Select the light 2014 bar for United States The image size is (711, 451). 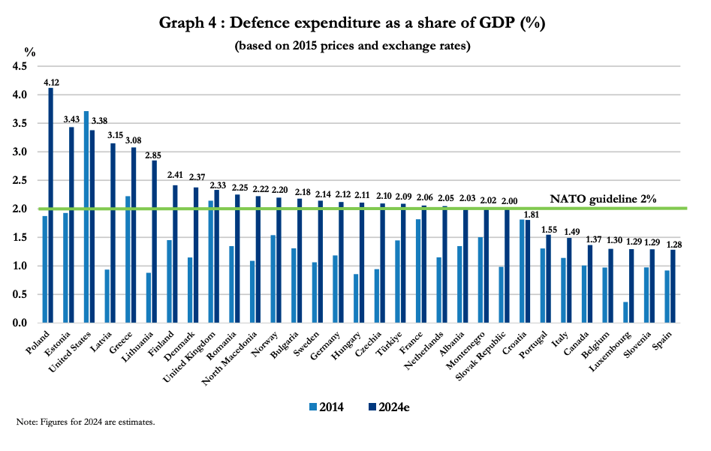[x=86, y=217]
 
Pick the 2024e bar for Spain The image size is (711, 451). [x=672, y=286]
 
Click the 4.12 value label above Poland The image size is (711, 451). [x=51, y=82]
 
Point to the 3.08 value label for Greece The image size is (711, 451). [x=134, y=140]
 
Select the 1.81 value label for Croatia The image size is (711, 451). [x=528, y=212]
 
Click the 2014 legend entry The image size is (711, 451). [x=327, y=407]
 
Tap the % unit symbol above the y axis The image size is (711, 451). [x=29, y=52]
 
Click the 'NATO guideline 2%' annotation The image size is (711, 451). [x=604, y=199]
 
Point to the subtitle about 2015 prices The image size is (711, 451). [x=352, y=46]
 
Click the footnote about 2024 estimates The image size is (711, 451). [x=86, y=422]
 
